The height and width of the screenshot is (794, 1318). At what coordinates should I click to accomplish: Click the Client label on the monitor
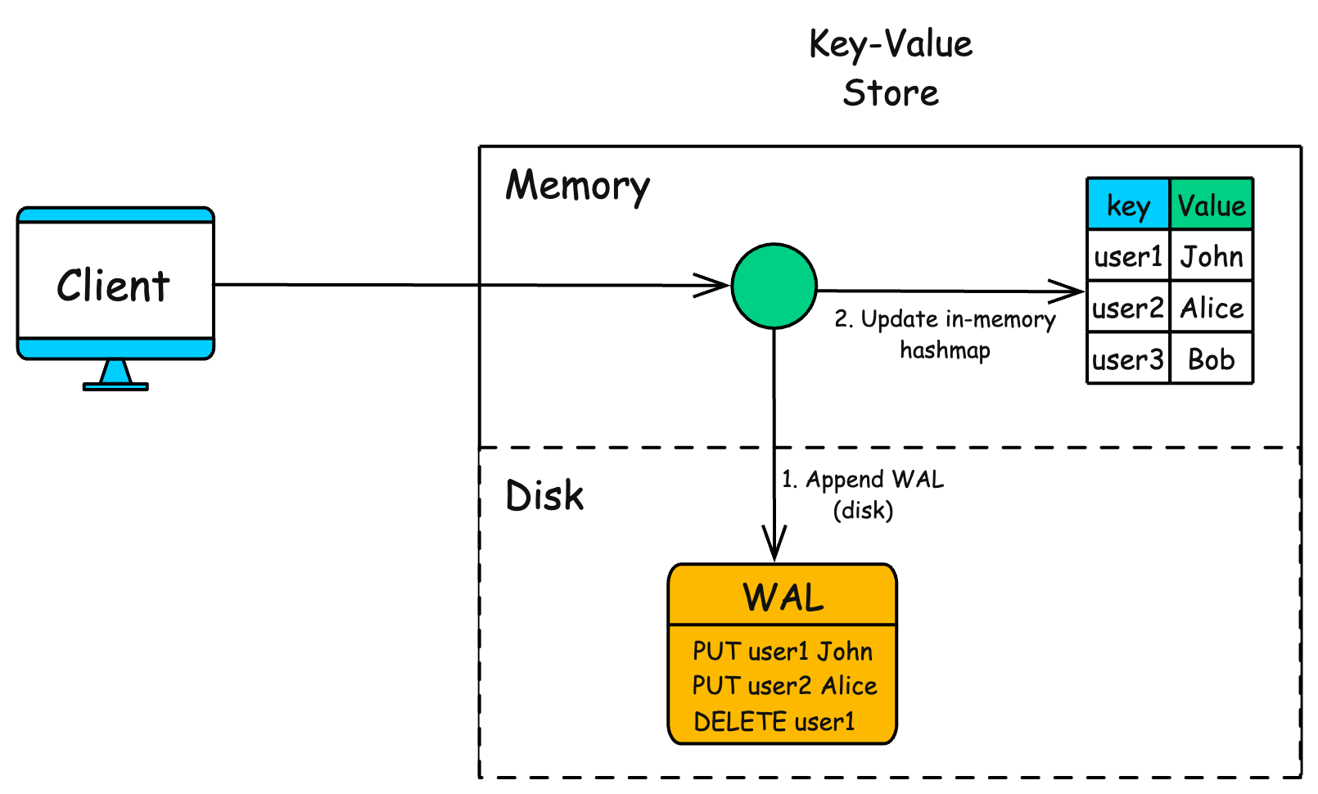113,286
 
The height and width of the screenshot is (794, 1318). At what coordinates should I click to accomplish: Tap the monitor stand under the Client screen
115,376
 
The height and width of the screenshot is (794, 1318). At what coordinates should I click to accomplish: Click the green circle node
774,286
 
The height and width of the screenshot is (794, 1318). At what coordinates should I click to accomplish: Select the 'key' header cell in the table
1128,205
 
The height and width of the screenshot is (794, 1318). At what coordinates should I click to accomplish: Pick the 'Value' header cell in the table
1212,205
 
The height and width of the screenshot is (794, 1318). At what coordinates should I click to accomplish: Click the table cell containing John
1212,256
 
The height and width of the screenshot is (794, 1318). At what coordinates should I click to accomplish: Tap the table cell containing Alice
1212,308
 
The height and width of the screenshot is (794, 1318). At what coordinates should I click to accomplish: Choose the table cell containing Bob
1212,359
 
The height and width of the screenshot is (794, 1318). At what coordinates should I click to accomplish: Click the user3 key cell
1128,359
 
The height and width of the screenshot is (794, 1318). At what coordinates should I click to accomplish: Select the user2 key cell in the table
1128,308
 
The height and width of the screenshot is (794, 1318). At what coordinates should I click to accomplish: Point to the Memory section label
577,186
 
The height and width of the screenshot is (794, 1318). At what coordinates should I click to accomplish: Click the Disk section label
544,496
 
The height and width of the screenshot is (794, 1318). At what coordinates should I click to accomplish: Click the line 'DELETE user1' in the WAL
774,721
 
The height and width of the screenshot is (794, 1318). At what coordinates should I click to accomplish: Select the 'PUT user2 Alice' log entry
784,685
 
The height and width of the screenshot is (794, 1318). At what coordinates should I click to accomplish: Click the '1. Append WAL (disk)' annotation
863,494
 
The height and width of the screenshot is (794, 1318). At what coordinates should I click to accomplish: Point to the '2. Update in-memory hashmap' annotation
945,334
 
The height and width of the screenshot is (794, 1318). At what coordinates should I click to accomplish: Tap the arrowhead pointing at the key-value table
1068,291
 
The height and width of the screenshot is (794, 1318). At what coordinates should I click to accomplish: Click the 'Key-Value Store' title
891,68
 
